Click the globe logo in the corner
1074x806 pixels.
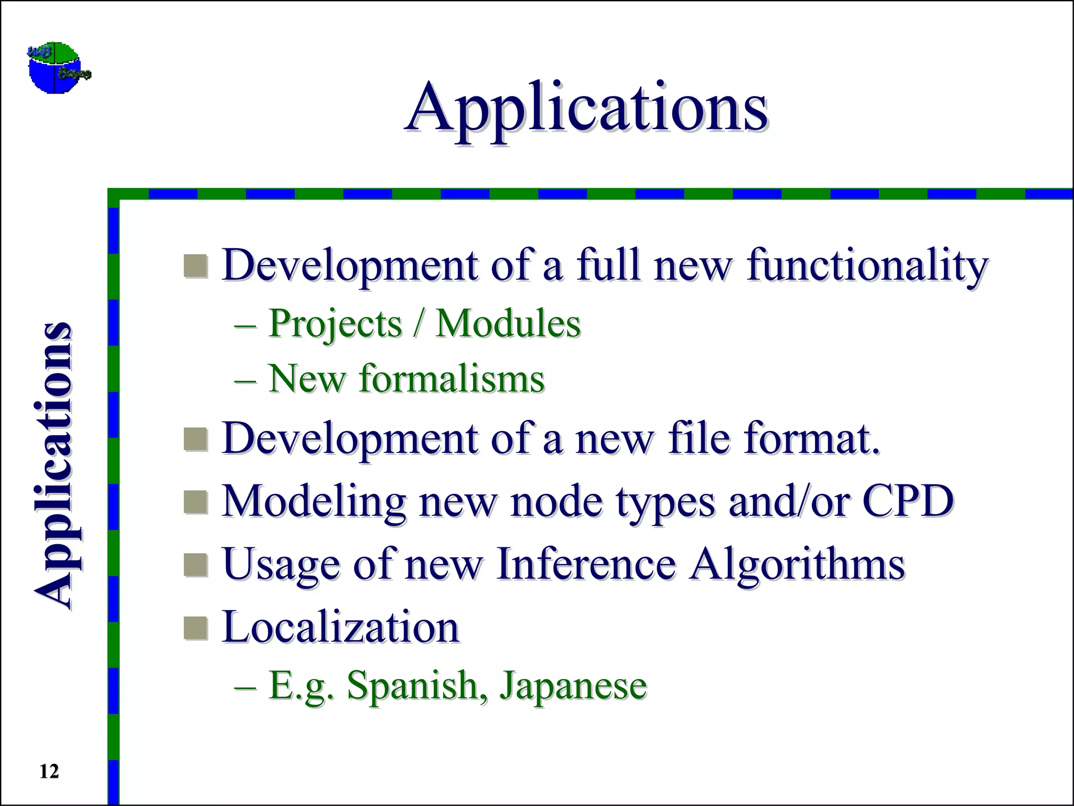pos(59,68)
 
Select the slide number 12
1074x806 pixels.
pos(49,771)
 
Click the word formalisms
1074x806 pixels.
pos(452,379)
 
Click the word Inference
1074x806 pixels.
pos(586,564)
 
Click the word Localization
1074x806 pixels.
pos(340,627)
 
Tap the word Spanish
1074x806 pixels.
pos(416,686)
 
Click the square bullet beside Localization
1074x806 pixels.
pos(196,628)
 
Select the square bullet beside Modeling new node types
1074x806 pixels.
pos(196,502)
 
